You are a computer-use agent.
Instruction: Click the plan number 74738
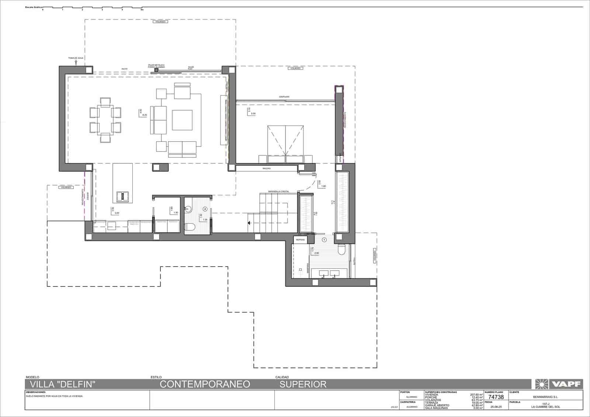point(496,397)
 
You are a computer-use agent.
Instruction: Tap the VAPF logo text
point(566,384)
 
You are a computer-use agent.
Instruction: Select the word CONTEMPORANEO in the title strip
point(205,384)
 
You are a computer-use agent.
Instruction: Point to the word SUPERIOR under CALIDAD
point(303,384)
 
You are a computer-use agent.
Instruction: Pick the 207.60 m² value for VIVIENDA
point(476,395)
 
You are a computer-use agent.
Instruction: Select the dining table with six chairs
point(105,120)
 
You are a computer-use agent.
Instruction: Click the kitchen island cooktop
point(123,196)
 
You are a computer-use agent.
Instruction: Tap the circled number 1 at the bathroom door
point(324,240)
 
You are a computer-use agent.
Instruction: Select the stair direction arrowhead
point(250,223)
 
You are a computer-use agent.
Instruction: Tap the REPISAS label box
point(300,240)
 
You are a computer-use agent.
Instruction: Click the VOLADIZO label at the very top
point(160,22)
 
